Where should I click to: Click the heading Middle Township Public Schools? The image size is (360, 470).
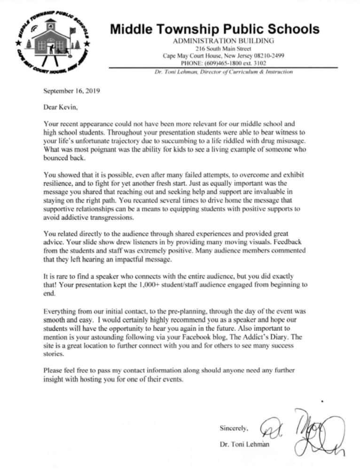(x=215, y=30)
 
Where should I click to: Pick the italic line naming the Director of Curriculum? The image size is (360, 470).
(x=224, y=72)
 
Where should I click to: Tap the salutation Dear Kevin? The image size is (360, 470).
(x=61, y=107)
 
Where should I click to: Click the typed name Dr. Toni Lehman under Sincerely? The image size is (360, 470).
(x=244, y=444)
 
